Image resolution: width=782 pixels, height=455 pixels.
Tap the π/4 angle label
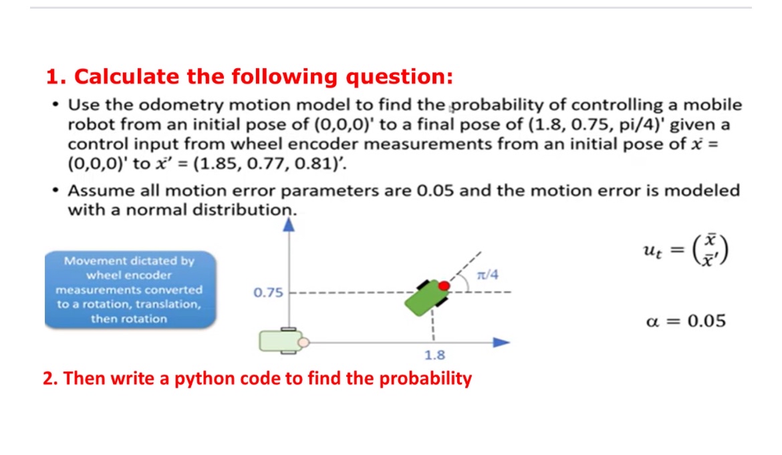(x=488, y=274)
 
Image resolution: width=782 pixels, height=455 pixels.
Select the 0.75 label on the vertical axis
(x=268, y=293)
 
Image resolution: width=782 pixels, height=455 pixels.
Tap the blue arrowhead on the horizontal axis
(x=501, y=342)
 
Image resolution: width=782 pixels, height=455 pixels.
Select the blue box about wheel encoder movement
(x=130, y=289)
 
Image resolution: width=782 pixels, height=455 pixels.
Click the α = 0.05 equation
(x=686, y=321)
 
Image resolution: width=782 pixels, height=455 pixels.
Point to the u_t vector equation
(x=684, y=252)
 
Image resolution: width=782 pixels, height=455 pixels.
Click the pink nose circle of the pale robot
(x=303, y=343)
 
